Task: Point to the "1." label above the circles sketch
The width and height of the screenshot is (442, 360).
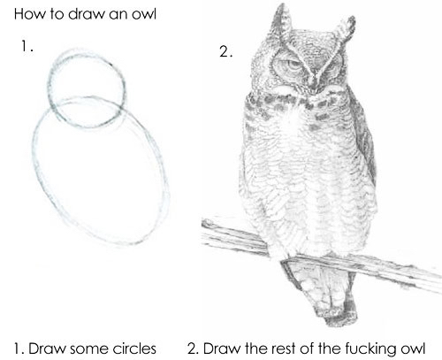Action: click(x=27, y=46)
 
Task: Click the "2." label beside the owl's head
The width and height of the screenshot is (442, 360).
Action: click(x=226, y=51)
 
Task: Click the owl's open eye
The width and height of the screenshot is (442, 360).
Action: click(x=293, y=65)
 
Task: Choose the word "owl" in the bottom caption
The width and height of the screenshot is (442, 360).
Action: click(x=413, y=349)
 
